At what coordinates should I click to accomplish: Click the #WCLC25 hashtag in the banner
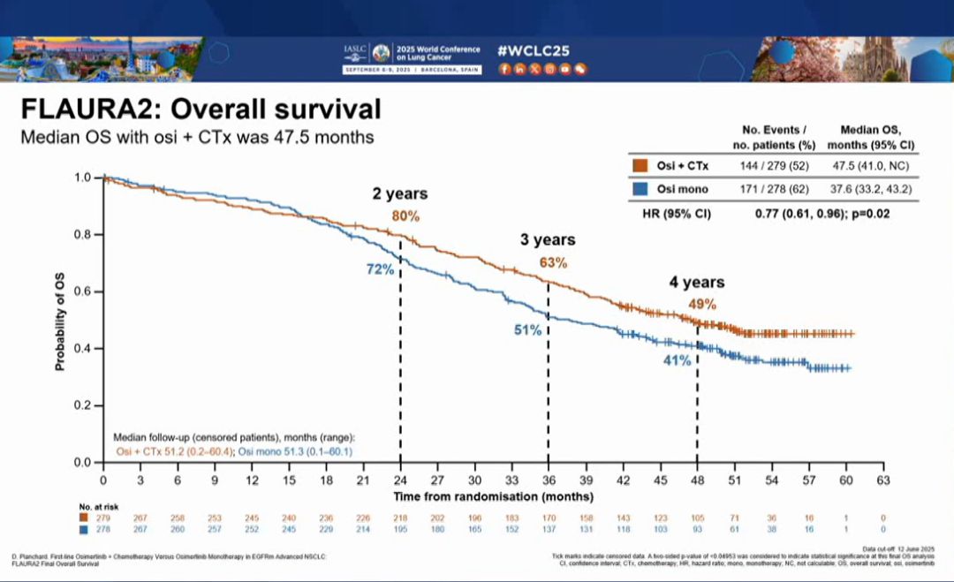tap(534, 49)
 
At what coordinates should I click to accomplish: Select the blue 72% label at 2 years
tap(381, 269)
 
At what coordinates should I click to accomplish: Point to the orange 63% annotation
tap(553, 262)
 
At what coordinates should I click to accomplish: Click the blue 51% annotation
tap(528, 329)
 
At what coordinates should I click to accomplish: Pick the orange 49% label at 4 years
tap(702, 305)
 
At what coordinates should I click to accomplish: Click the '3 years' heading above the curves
tap(547, 239)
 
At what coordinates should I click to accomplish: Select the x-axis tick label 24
tap(401, 480)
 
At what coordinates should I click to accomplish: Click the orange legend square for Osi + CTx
tap(640, 165)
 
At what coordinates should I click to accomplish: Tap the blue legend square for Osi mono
tap(640, 189)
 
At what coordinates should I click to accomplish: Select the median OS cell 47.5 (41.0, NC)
tap(870, 165)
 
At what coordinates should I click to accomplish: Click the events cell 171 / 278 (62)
tap(769, 189)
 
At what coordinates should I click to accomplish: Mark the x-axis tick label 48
tap(698, 480)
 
